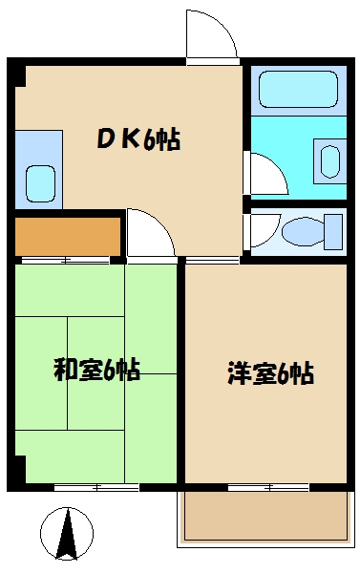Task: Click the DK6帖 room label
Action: (x=138, y=140)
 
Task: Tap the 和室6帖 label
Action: (x=95, y=369)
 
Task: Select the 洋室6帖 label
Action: (x=269, y=371)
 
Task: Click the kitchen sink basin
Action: (x=40, y=180)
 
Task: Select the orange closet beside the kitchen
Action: (x=67, y=235)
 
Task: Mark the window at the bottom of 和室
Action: (x=95, y=488)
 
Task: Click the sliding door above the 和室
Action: (x=67, y=260)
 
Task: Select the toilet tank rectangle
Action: (x=333, y=230)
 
